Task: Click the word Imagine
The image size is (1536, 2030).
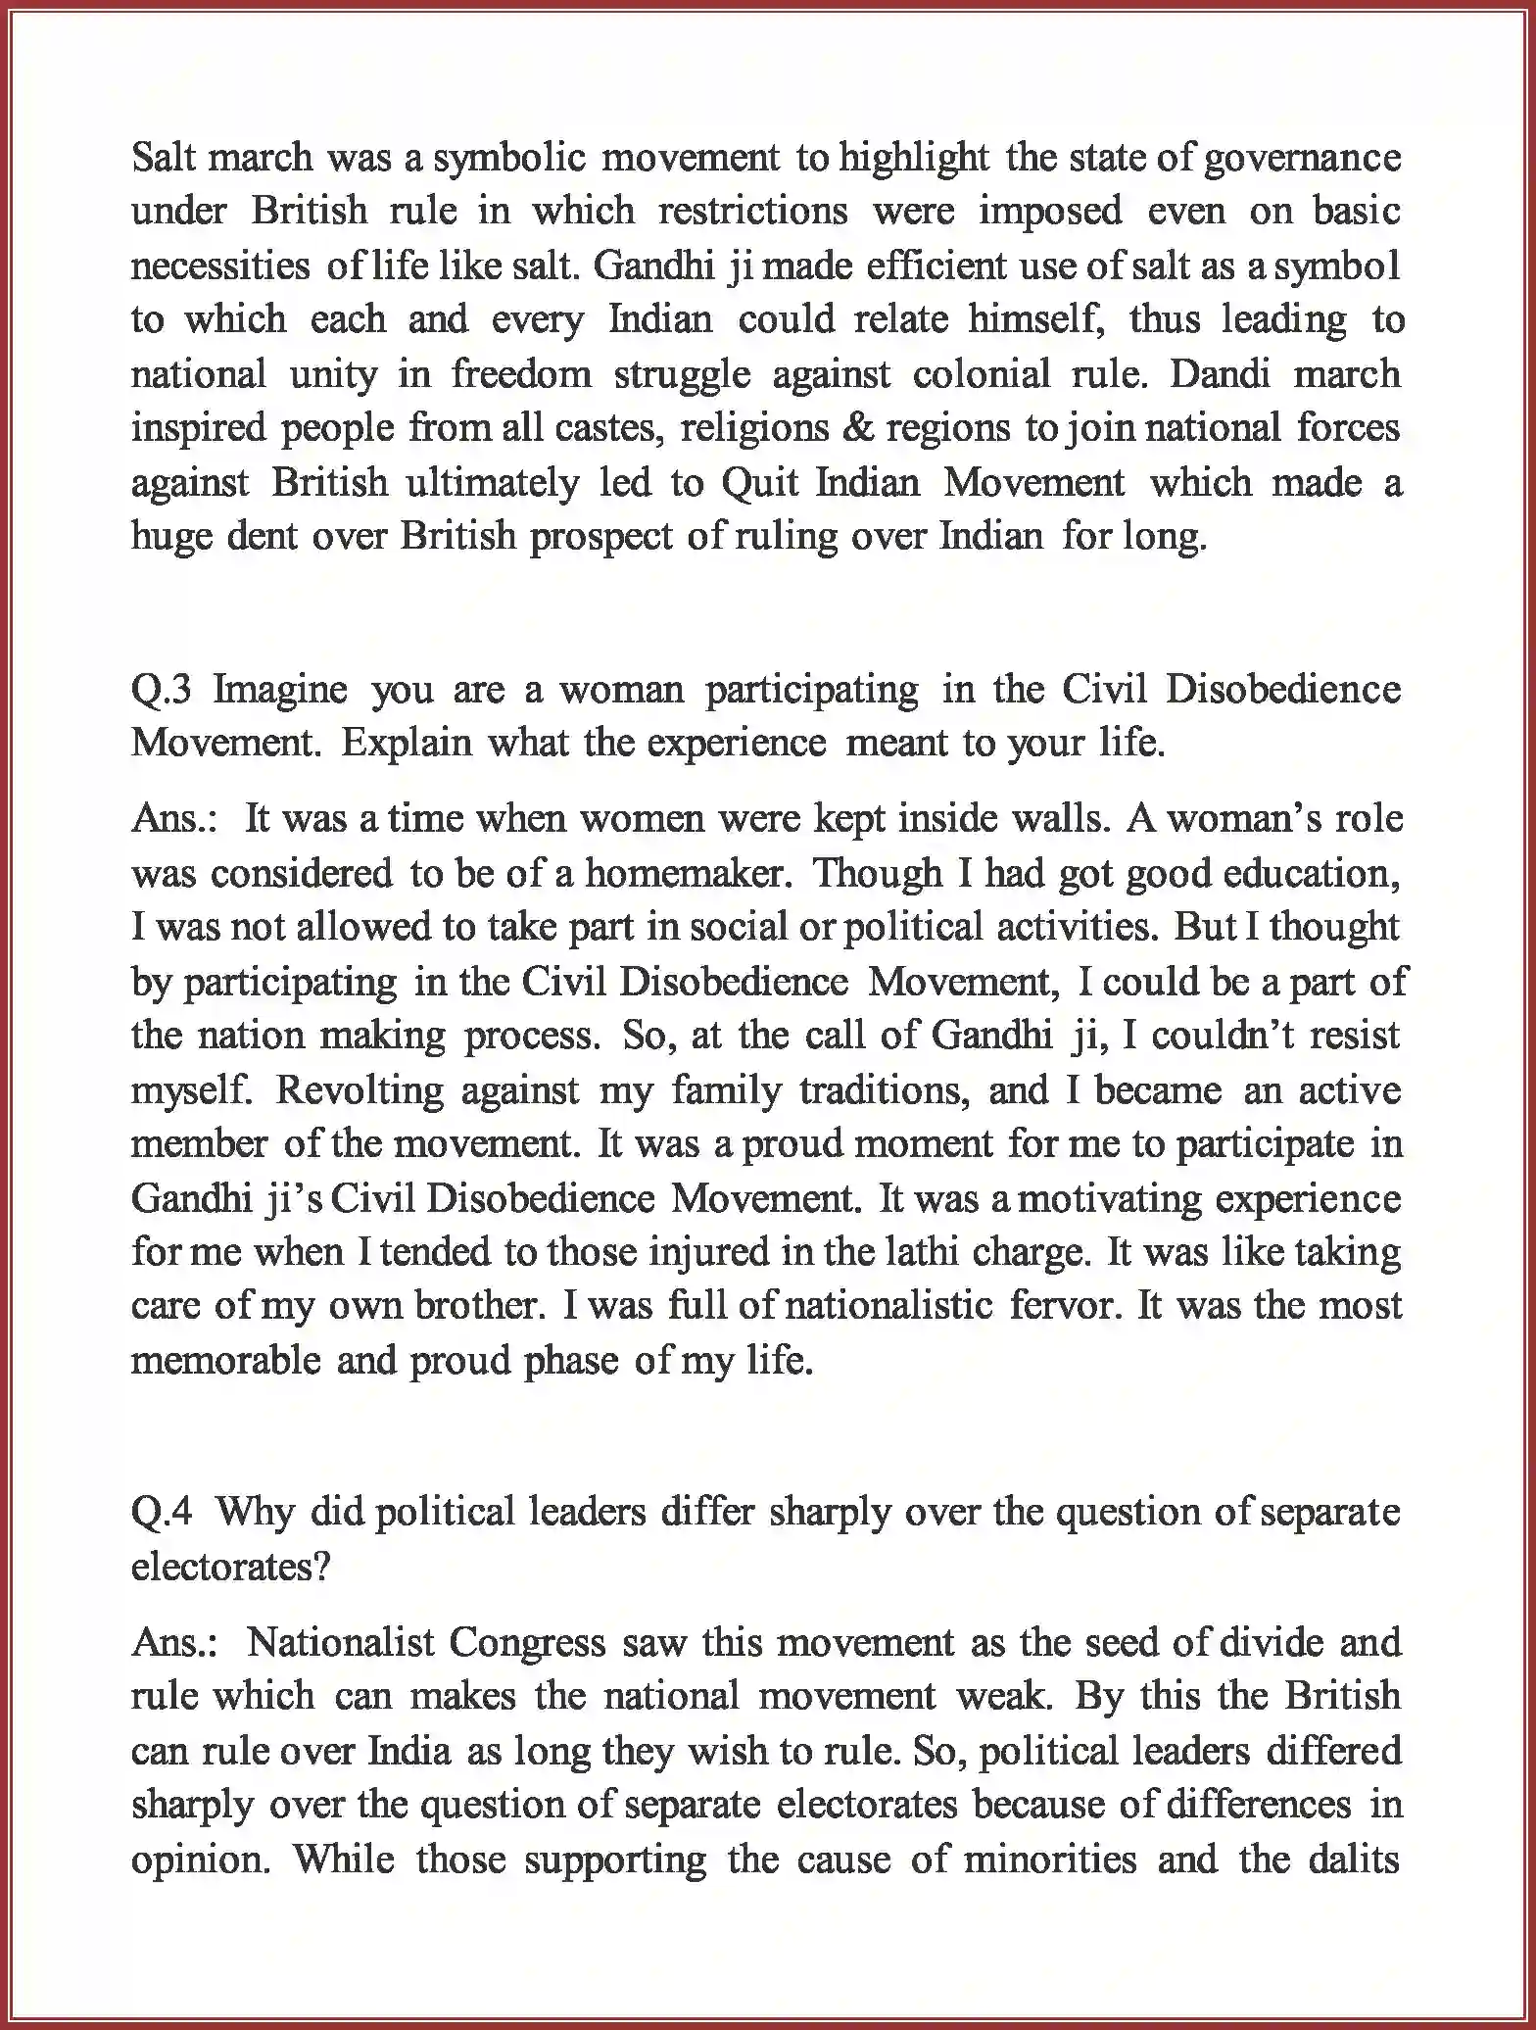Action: [280, 691]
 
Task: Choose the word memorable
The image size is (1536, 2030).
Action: [225, 1361]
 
